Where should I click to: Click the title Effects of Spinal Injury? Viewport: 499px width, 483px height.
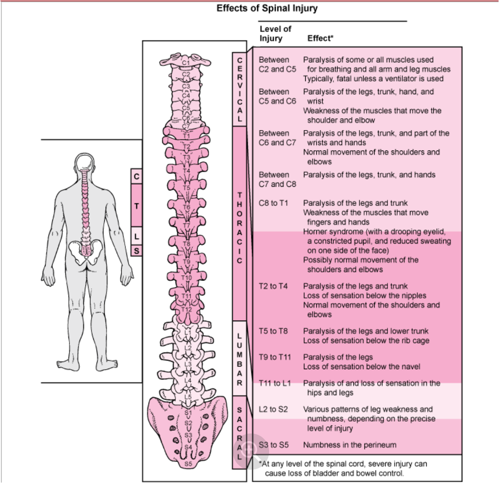(x=267, y=9)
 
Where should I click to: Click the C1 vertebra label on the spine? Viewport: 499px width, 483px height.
(x=186, y=62)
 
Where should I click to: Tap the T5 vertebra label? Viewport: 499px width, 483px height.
(x=187, y=188)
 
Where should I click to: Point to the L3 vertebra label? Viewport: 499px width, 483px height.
(x=188, y=364)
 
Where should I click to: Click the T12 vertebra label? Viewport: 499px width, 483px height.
(x=187, y=310)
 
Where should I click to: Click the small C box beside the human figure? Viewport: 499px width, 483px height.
(x=137, y=177)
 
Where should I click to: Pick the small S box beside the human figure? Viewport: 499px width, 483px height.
(x=137, y=251)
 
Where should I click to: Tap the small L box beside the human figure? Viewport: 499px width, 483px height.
(x=137, y=236)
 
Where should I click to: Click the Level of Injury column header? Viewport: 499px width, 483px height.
(x=275, y=34)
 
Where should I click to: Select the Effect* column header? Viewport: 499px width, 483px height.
(x=320, y=39)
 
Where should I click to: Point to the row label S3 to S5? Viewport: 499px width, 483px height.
(x=274, y=445)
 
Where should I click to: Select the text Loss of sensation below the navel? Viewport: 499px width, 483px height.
(x=362, y=367)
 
